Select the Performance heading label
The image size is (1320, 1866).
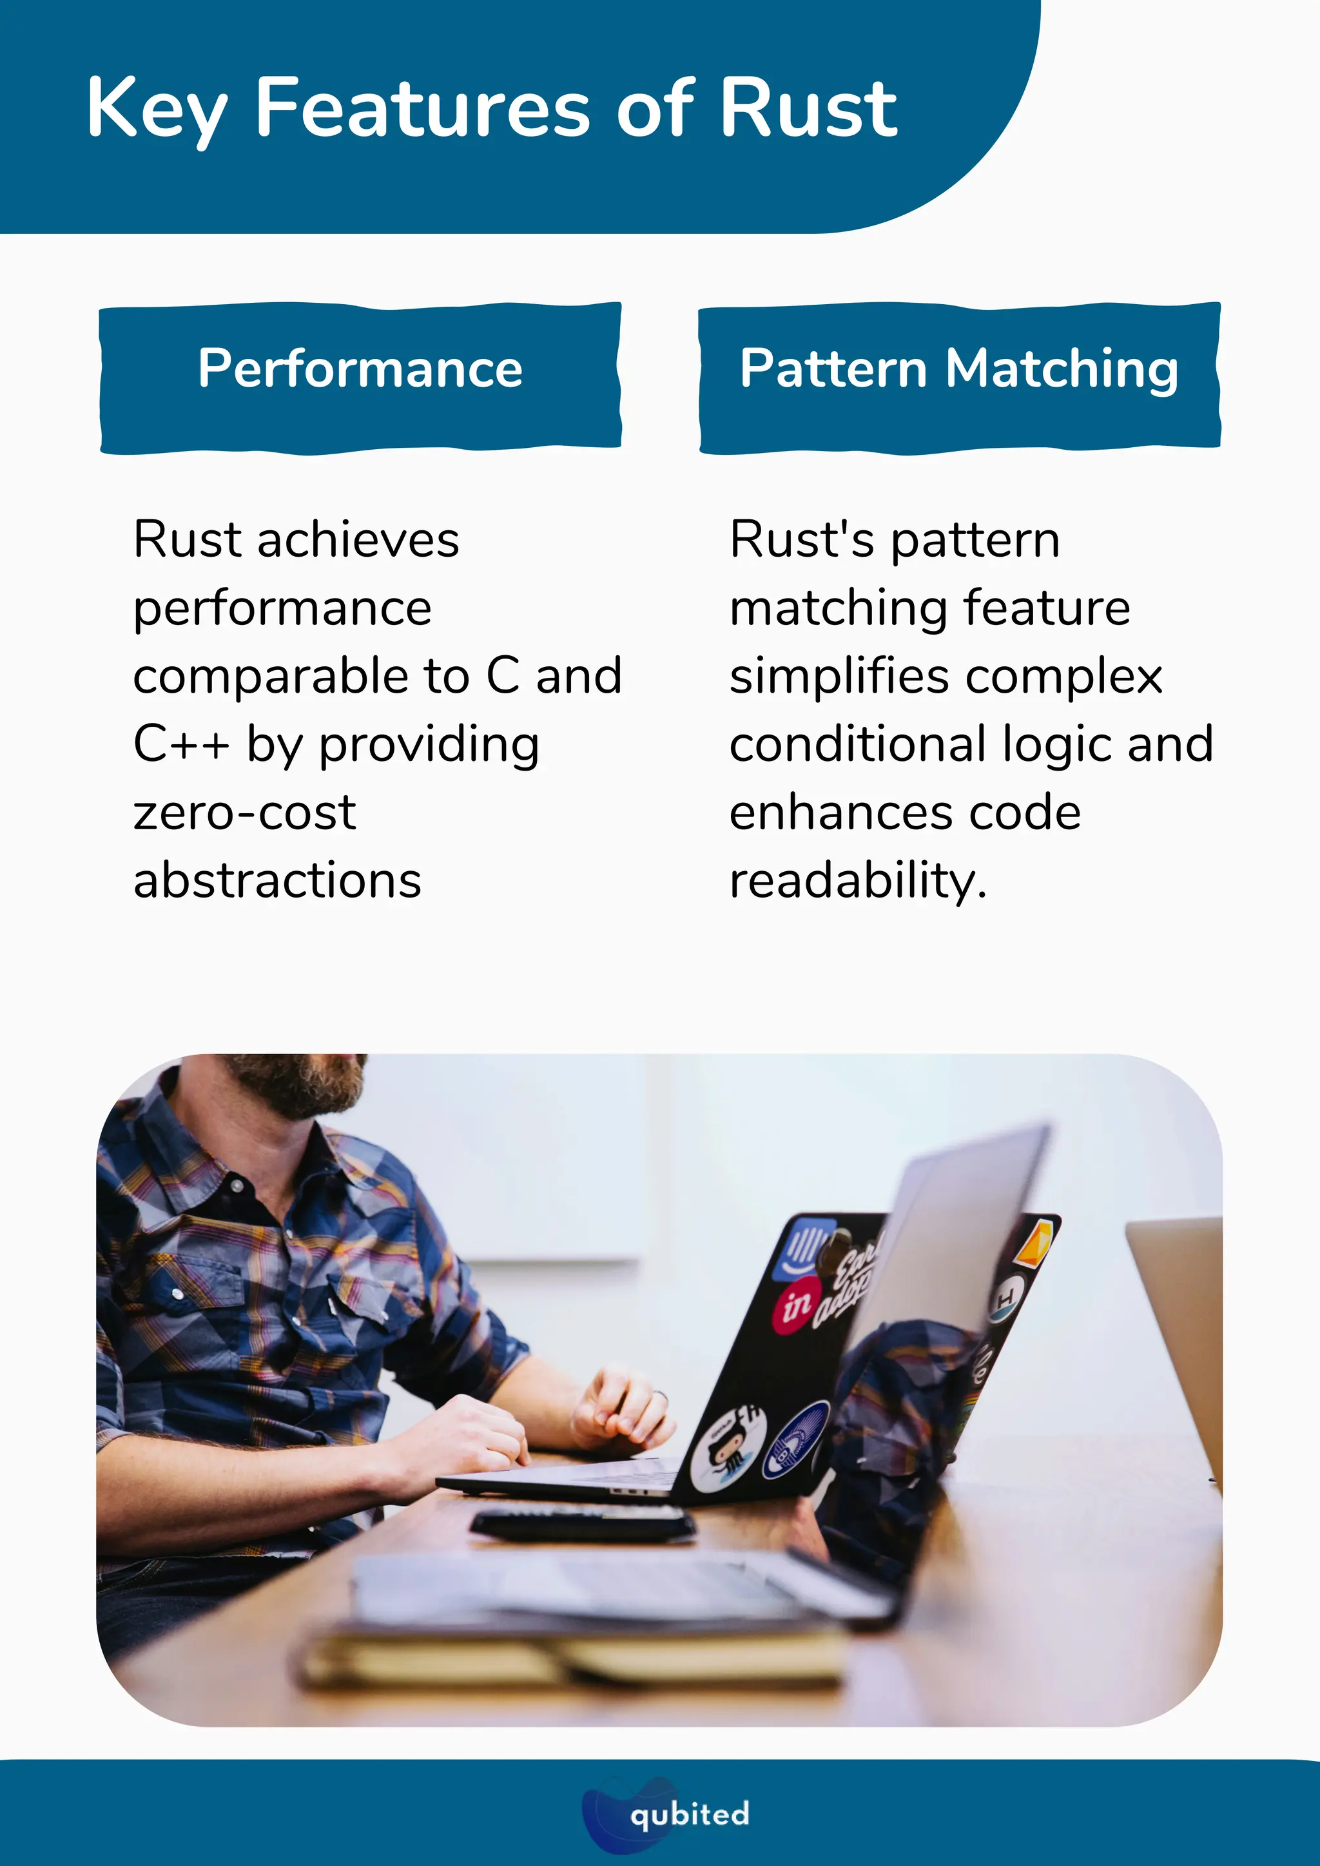pyautogui.click(x=360, y=369)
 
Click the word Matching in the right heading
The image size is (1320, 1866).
pyautogui.click(x=1062, y=369)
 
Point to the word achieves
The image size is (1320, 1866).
pyautogui.click(x=358, y=540)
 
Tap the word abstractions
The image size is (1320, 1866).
pyautogui.click(x=277, y=880)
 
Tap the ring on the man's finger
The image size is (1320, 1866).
pyautogui.click(x=660, y=1396)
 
